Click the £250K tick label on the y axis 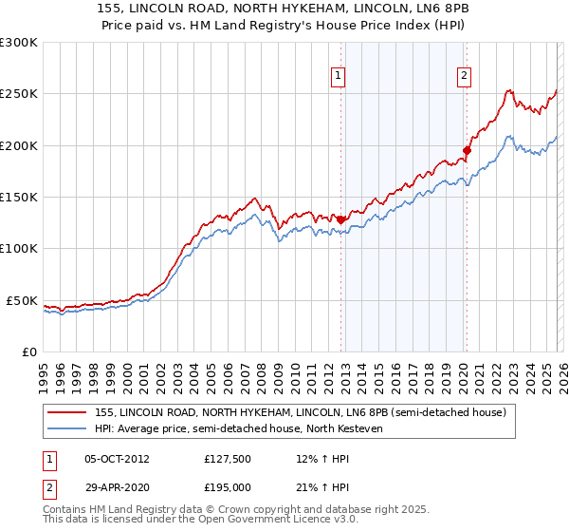click(x=19, y=94)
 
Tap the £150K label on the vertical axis click(x=19, y=197)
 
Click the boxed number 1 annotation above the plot click(x=339, y=78)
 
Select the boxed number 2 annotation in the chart click(x=465, y=78)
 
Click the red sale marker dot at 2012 click(x=340, y=219)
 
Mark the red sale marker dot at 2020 click(x=467, y=150)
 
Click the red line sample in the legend click(x=67, y=413)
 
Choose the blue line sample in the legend click(x=67, y=428)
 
